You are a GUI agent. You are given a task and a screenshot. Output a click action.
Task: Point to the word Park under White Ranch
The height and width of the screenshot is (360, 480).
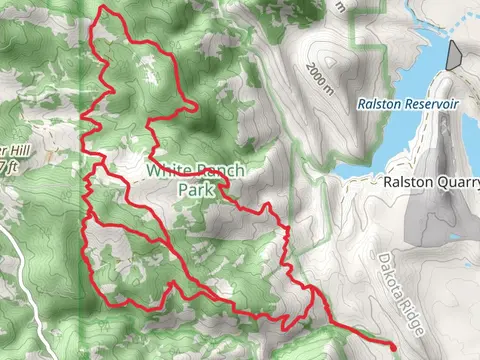(x=197, y=188)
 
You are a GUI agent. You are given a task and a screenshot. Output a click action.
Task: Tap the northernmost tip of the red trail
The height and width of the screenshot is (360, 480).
(x=104, y=8)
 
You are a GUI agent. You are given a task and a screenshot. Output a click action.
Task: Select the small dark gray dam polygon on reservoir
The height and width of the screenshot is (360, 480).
(x=453, y=54)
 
